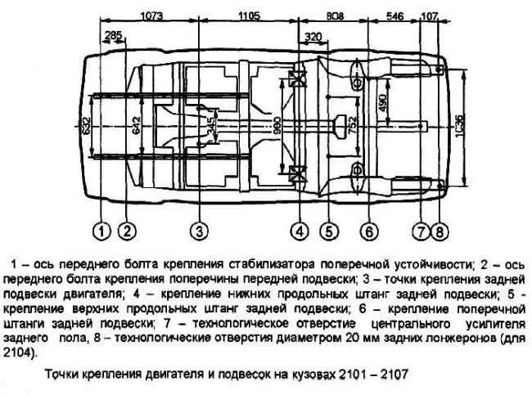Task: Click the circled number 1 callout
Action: coord(101,231)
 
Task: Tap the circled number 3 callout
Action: coord(199,231)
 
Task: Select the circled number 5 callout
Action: coord(329,231)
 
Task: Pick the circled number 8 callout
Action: coord(440,232)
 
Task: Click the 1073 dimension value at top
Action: coord(151,16)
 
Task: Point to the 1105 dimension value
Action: coord(249,16)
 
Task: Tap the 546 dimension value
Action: coord(394,16)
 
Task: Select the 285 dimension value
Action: coord(113,35)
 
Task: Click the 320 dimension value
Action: coord(313,36)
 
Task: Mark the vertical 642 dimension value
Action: coord(136,125)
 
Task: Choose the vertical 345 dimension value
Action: coord(210,126)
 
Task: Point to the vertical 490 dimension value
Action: coord(383,102)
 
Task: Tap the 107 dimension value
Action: coord(430,16)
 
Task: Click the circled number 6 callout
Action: coord(369,231)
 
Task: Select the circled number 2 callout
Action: coord(127,231)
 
